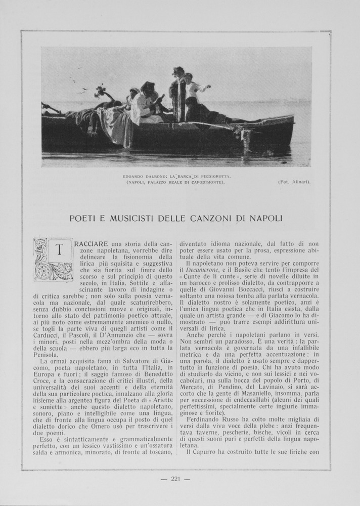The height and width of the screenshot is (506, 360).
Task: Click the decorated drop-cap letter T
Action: click(53, 259)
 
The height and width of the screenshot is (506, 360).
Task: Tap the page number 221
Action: click(175, 479)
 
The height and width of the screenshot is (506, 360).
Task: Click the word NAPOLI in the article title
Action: click(263, 218)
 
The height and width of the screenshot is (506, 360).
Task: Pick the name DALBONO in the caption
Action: click(150, 176)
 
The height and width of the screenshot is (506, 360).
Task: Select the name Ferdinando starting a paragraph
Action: click(206, 419)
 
